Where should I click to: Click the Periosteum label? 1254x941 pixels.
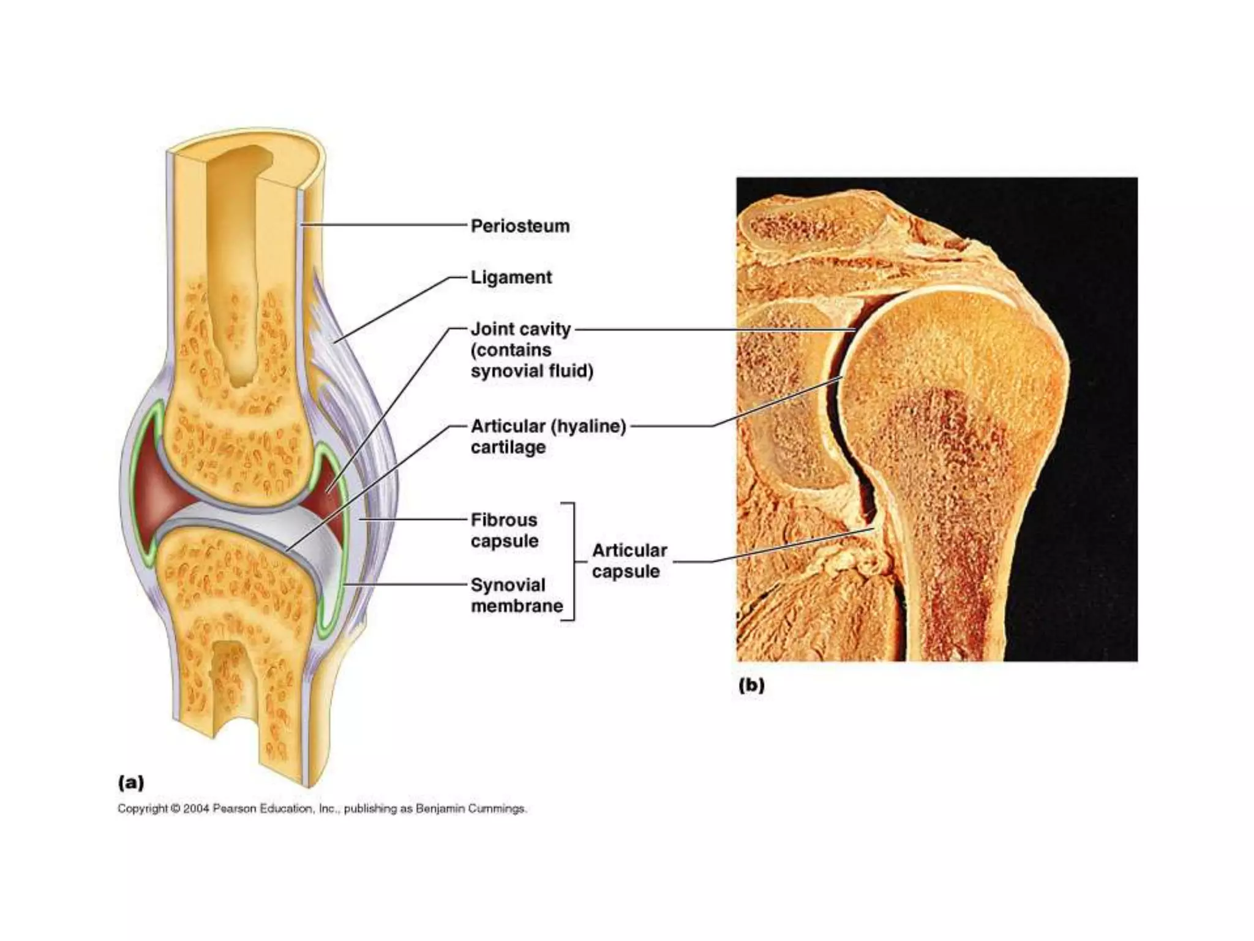click(x=520, y=226)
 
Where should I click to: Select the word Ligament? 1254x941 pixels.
click(x=511, y=278)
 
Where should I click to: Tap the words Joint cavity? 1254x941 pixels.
click(x=520, y=329)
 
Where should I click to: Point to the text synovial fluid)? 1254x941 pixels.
click(x=532, y=371)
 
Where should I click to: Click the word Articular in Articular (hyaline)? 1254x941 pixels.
click(x=508, y=426)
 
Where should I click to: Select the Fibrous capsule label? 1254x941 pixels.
click(x=505, y=531)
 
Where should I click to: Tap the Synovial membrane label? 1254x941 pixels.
click(x=516, y=595)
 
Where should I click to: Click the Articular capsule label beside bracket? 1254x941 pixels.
click(x=628, y=561)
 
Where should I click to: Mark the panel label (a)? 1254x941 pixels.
click(x=131, y=782)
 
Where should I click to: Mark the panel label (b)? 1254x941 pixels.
click(x=751, y=685)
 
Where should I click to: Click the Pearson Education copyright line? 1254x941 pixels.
click(x=322, y=809)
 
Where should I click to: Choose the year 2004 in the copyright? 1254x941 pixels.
click(x=196, y=809)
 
